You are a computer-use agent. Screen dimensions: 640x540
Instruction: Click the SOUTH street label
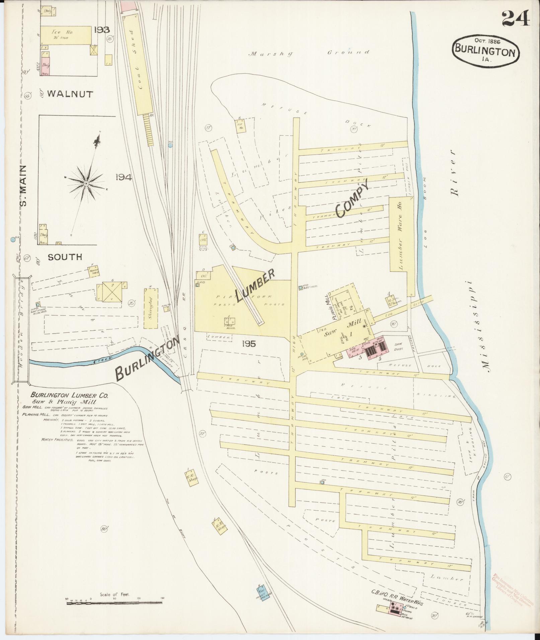tap(65, 257)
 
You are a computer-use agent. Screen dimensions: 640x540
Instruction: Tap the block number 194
tap(124, 178)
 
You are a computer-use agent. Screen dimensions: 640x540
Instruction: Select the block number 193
tap(101, 30)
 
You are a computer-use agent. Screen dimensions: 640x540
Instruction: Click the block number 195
tap(248, 344)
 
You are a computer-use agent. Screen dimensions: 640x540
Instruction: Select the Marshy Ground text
tap(309, 53)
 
